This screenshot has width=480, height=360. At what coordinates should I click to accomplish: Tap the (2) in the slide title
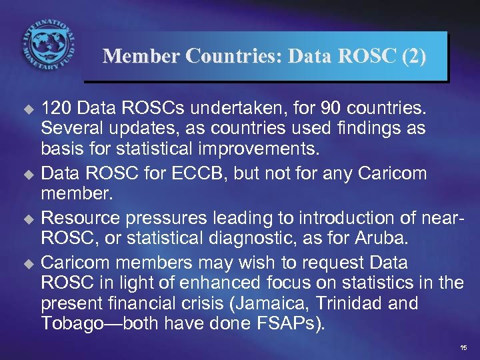click(413, 56)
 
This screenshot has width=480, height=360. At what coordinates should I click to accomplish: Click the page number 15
click(463, 349)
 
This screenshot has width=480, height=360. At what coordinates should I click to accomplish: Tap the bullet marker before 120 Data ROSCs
click(28, 109)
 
